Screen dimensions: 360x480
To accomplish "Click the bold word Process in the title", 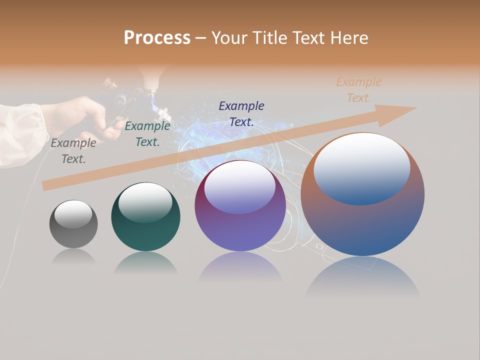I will click(157, 38).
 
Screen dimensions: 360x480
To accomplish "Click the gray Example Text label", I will click(73, 151).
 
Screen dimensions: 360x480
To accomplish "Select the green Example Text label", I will click(147, 134).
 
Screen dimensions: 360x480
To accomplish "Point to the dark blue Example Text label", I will click(241, 113).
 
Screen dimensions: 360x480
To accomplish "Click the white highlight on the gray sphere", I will click(73, 214).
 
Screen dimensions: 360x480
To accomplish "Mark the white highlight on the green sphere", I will click(145, 202).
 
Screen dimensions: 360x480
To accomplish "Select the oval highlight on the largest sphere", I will click(362, 169).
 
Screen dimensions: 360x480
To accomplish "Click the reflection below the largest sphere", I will click(362, 277).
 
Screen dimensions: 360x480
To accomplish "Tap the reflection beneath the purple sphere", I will click(240, 267).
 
